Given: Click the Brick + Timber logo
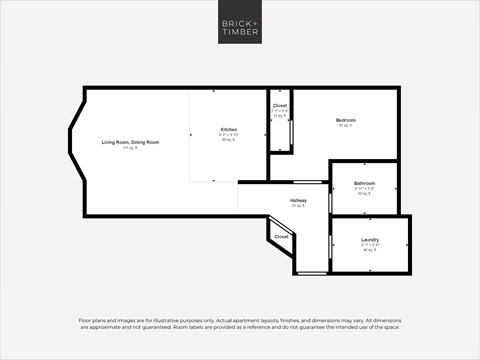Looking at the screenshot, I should point(240,28).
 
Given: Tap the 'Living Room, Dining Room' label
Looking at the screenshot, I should point(130,142).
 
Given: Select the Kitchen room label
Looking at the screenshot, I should point(229,129).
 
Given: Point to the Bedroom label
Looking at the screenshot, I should point(346,120).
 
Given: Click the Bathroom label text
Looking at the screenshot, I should point(365,183).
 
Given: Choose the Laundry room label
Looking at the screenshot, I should point(369,240).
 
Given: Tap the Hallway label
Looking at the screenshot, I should point(298,201).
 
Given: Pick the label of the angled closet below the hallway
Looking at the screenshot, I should point(281,236).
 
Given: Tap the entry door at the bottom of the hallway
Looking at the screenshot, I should point(312,272).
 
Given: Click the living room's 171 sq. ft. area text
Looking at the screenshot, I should point(130,148).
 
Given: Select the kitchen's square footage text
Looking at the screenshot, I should point(229,141).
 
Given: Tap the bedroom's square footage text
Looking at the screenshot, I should point(346,126).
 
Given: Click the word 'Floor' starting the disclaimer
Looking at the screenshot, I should point(87,320).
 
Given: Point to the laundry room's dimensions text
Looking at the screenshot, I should point(369,245).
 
